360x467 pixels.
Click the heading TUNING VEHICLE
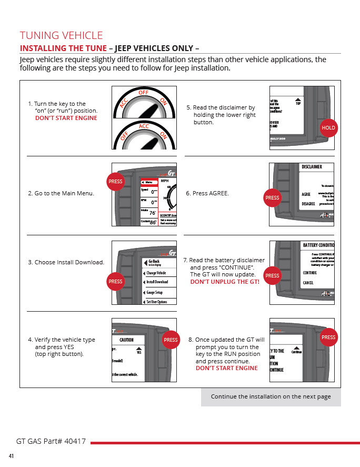pos(61,35)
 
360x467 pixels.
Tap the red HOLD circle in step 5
pos(328,128)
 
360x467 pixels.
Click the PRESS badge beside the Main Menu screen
pos(115,182)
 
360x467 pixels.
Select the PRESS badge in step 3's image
pos(115,281)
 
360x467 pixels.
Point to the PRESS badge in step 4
pos(171,340)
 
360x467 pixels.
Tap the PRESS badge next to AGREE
pos(272,198)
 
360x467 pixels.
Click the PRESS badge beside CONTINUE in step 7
pos(272,275)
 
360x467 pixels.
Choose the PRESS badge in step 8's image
pos(328,337)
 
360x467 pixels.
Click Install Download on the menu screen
pos(157,282)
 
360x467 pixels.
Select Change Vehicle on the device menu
pos(156,273)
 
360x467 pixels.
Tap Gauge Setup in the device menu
pos(155,292)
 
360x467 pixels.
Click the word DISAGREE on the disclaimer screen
pos(308,204)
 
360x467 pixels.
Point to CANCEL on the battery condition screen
pos(308,283)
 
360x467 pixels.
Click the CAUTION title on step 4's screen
pos(126,340)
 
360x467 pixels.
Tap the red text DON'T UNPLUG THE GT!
pos(225,282)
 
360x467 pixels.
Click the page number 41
pos(11,456)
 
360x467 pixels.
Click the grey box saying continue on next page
pos(271,396)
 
